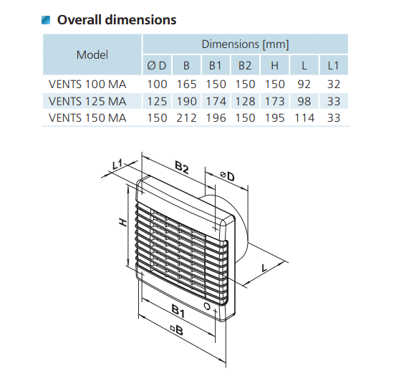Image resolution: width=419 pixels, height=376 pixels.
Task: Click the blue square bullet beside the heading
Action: tap(46, 20)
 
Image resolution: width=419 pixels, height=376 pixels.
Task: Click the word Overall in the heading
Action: tap(79, 20)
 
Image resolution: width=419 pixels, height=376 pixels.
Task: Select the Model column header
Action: tap(92, 54)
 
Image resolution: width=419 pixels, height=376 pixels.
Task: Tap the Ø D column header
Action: tap(157, 65)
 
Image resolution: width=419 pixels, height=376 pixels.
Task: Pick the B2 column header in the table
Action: tap(245, 65)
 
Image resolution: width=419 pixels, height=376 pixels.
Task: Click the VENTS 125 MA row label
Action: tap(87, 102)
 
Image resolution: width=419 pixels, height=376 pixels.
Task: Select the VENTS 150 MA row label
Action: tap(87, 118)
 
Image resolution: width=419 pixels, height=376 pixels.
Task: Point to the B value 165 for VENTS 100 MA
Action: tap(186, 85)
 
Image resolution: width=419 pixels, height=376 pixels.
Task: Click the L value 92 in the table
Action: tap(304, 85)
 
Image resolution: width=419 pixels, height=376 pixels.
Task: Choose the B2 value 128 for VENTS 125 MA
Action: tap(245, 102)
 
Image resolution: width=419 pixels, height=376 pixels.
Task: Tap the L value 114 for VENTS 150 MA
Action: tap(304, 118)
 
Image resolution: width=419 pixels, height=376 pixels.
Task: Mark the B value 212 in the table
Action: tap(186, 118)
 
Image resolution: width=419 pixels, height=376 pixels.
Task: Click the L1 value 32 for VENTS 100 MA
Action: tap(334, 85)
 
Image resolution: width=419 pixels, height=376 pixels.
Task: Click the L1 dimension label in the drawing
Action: tap(117, 164)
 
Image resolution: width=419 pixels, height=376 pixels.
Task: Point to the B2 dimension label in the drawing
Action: tap(182, 167)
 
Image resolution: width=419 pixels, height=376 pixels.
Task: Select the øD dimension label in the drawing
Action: tap(227, 176)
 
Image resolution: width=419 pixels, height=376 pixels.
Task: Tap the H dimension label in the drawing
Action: tap(123, 222)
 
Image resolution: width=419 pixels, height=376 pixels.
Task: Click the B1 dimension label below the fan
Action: tap(178, 311)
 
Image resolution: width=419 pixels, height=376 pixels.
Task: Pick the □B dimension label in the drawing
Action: tap(178, 330)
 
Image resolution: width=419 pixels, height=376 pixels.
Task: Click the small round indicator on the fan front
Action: tap(207, 306)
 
